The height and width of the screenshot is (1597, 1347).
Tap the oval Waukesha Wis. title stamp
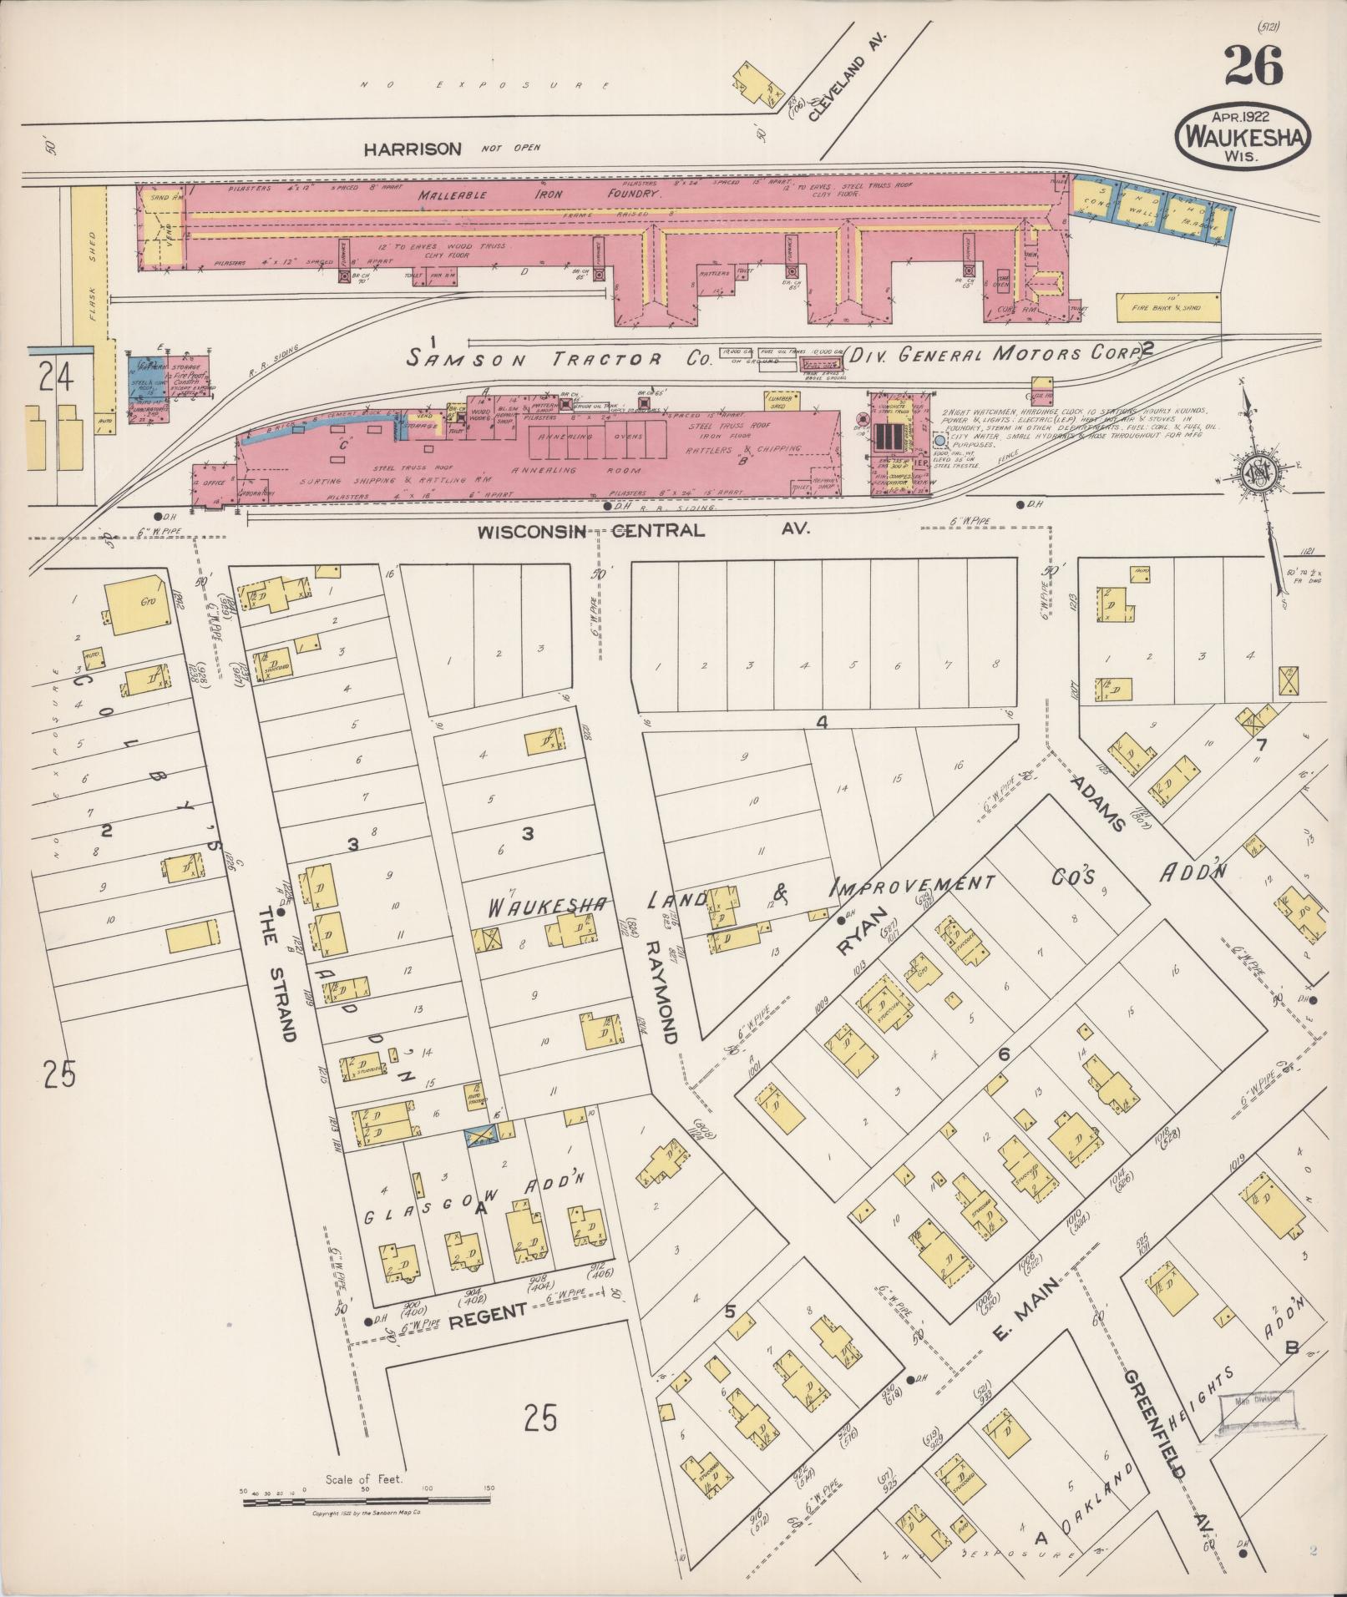click(1243, 135)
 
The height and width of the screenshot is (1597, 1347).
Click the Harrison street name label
click(412, 149)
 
